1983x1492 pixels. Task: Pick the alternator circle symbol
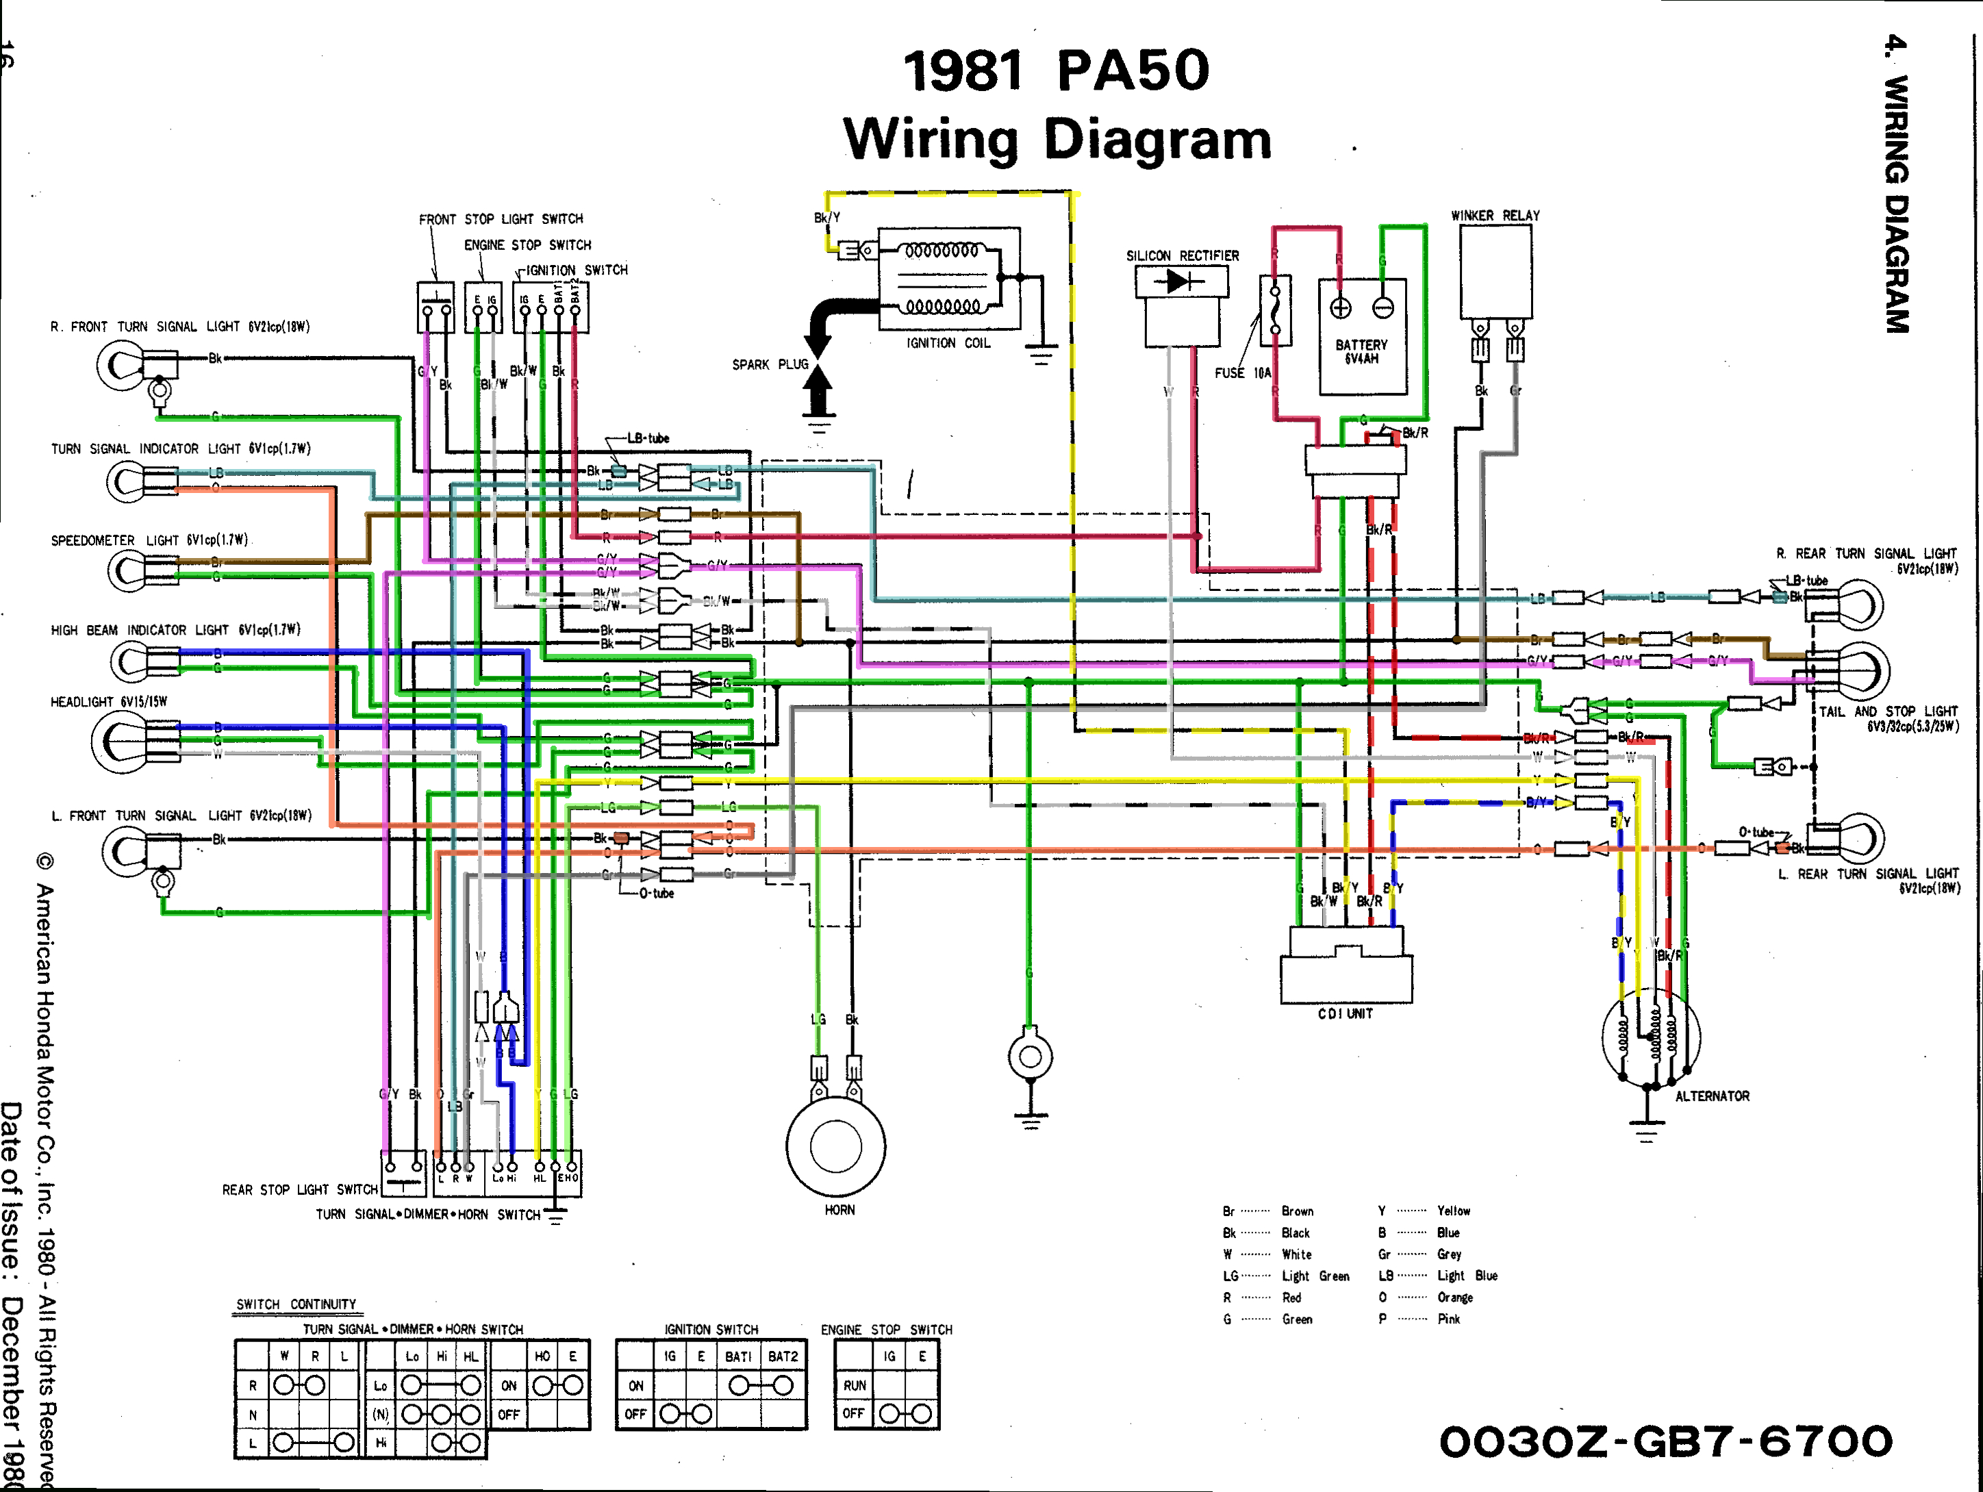(x=1650, y=1038)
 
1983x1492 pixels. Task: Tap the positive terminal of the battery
(x=1339, y=307)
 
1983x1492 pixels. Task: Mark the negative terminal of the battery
(x=1383, y=307)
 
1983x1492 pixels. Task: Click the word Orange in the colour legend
(x=1455, y=1298)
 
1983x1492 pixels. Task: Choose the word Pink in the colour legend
(x=1449, y=1319)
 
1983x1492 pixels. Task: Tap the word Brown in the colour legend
(x=1297, y=1211)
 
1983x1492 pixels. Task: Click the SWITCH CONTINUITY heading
(x=296, y=1304)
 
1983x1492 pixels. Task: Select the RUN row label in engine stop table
(x=855, y=1385)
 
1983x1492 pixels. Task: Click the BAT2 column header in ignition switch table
(x=783, y=1356)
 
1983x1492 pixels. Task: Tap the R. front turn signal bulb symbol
(x=119, y=365)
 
